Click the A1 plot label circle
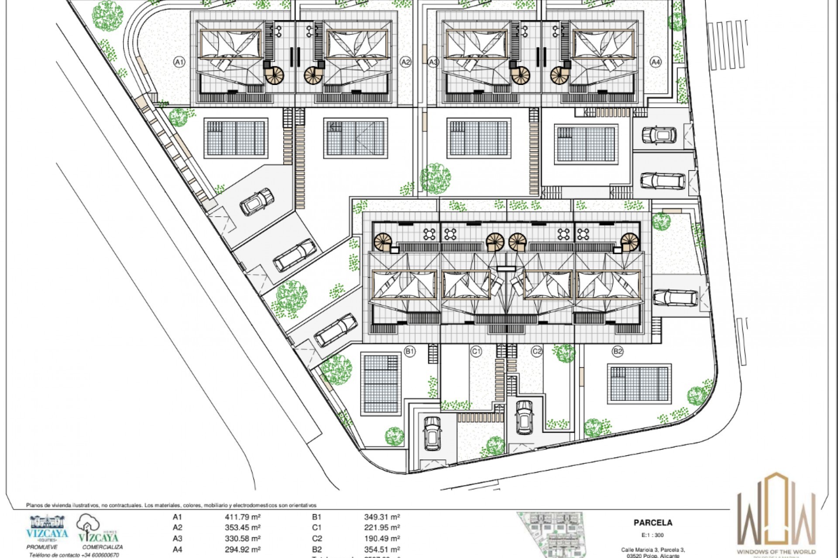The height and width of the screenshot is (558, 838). tap(179, 62)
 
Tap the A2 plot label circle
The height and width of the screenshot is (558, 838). tap(406, 62)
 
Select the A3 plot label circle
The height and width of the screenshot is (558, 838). tap(433, 62)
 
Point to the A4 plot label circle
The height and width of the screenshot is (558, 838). tap(655, 62)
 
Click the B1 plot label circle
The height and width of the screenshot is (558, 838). tap(409, 351)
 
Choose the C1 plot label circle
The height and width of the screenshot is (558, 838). tap(476, 351)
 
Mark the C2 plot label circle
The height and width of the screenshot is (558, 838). tap(536, 351)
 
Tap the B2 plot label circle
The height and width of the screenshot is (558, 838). tap(618, 351)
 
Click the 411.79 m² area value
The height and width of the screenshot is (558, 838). tap(243, 517)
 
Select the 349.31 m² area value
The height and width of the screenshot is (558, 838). tap(382, 517)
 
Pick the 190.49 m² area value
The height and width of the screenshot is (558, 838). tap(382, 538)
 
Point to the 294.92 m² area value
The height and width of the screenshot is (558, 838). tap(243, 549)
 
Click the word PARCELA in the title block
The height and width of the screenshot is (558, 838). tap(653, 523)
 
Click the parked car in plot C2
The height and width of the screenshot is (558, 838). tap(524, 416)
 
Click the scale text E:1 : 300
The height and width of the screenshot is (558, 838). tap(653, 535)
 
